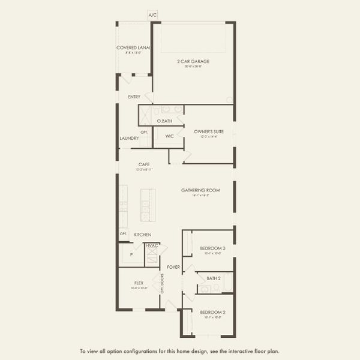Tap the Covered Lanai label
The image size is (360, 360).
tap(133, 47)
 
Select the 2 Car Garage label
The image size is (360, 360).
tap(193, 61)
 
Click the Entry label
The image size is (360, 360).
tap(134, 97)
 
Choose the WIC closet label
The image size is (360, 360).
tap(170, 136)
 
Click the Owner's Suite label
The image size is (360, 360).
tap(209, 131)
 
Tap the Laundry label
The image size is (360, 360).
tap(129, 139)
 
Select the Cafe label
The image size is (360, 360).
tap(143, 164)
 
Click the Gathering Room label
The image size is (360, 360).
tap(201, 190)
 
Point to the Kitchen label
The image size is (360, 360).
tap(142, 235)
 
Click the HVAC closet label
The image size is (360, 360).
tap(152, 245)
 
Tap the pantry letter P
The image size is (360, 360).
tap(131, 255)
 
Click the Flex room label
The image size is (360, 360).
tap(139, 282)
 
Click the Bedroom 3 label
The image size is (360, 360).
tap(212, 248)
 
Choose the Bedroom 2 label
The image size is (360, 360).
tap(212, 313)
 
